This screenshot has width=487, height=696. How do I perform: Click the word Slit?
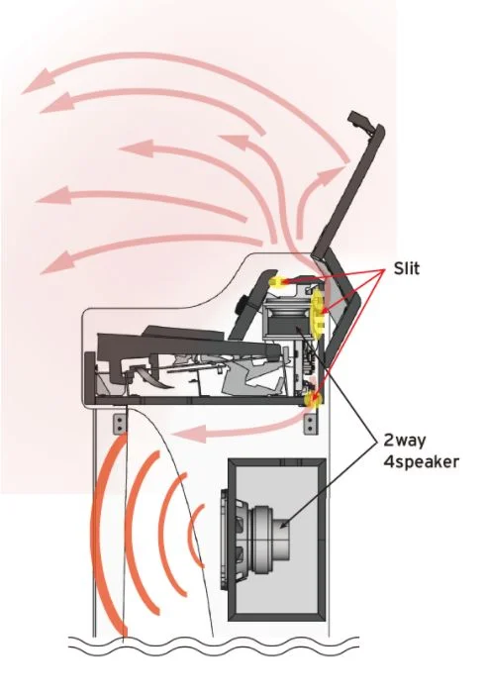[x=406, y=268]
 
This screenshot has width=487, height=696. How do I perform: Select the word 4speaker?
[x=422, y=462]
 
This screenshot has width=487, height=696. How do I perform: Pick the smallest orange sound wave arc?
[x=194, y=536]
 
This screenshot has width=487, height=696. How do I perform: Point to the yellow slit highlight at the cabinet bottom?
[x=313, y=400]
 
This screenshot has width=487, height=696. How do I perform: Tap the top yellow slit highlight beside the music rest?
[x=276, y=282]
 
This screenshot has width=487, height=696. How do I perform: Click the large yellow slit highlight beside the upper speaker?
[x=318, y=314]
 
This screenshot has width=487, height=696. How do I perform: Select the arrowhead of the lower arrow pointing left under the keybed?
[x=190, y=434]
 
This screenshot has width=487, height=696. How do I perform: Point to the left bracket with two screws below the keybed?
[x=120, y=424]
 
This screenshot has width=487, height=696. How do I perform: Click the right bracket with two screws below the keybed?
[x=311, y=424]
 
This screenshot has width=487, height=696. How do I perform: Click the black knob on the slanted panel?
[x=243, y=305]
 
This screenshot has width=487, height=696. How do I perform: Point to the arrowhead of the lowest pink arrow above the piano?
[x=57, y=262]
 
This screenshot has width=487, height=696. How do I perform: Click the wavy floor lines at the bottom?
[x=213, y=646]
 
